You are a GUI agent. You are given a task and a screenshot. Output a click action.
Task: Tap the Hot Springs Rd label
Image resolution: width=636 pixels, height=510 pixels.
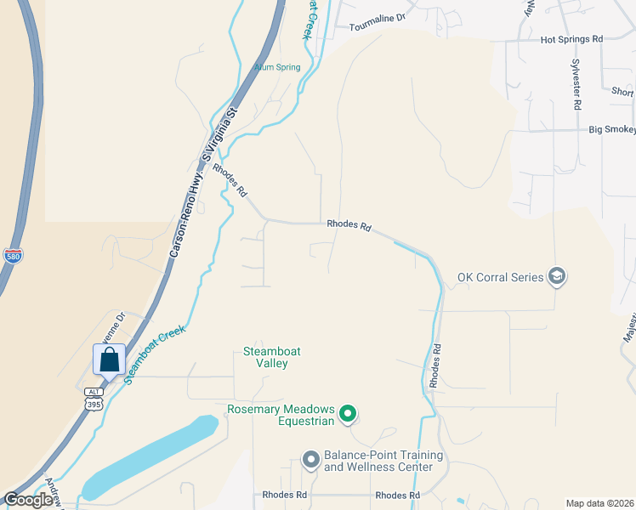coord(571,39)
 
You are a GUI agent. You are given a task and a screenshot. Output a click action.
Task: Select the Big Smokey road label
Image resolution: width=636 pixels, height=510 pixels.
coord(611,130)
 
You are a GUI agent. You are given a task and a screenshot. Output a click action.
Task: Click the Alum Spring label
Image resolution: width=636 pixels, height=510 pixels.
coord(277,67)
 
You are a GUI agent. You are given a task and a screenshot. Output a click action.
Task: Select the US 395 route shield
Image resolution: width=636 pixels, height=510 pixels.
coord(93,404)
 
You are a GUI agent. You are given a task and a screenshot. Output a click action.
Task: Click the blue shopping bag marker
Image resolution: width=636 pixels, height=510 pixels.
coord(110,361)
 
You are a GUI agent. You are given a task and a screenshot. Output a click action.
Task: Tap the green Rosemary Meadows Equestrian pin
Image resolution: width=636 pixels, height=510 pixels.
coord(347,414)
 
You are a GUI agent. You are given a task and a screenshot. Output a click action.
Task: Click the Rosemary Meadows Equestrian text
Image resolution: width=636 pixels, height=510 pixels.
coord(282,414)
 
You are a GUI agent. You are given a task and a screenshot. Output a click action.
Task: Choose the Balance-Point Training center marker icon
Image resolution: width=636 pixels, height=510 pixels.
coord(310,460)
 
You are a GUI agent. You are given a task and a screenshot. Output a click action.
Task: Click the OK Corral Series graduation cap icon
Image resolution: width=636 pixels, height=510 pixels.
coord(557,276)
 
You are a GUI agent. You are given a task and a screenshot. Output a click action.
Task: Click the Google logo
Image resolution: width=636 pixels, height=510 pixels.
coord(29,500)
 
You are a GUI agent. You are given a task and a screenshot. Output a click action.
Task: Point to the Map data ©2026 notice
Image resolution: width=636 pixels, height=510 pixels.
coord(599,503)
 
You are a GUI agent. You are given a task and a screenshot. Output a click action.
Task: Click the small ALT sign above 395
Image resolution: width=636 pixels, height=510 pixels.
coord(94,392)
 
